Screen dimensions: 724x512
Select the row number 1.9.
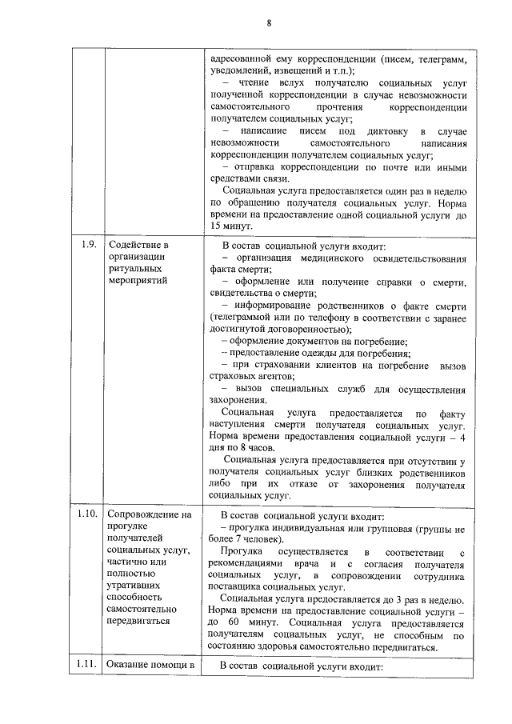pyautogui.click(x=88, y=245)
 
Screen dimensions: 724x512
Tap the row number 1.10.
pyautogui.click(x=88, y=514)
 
